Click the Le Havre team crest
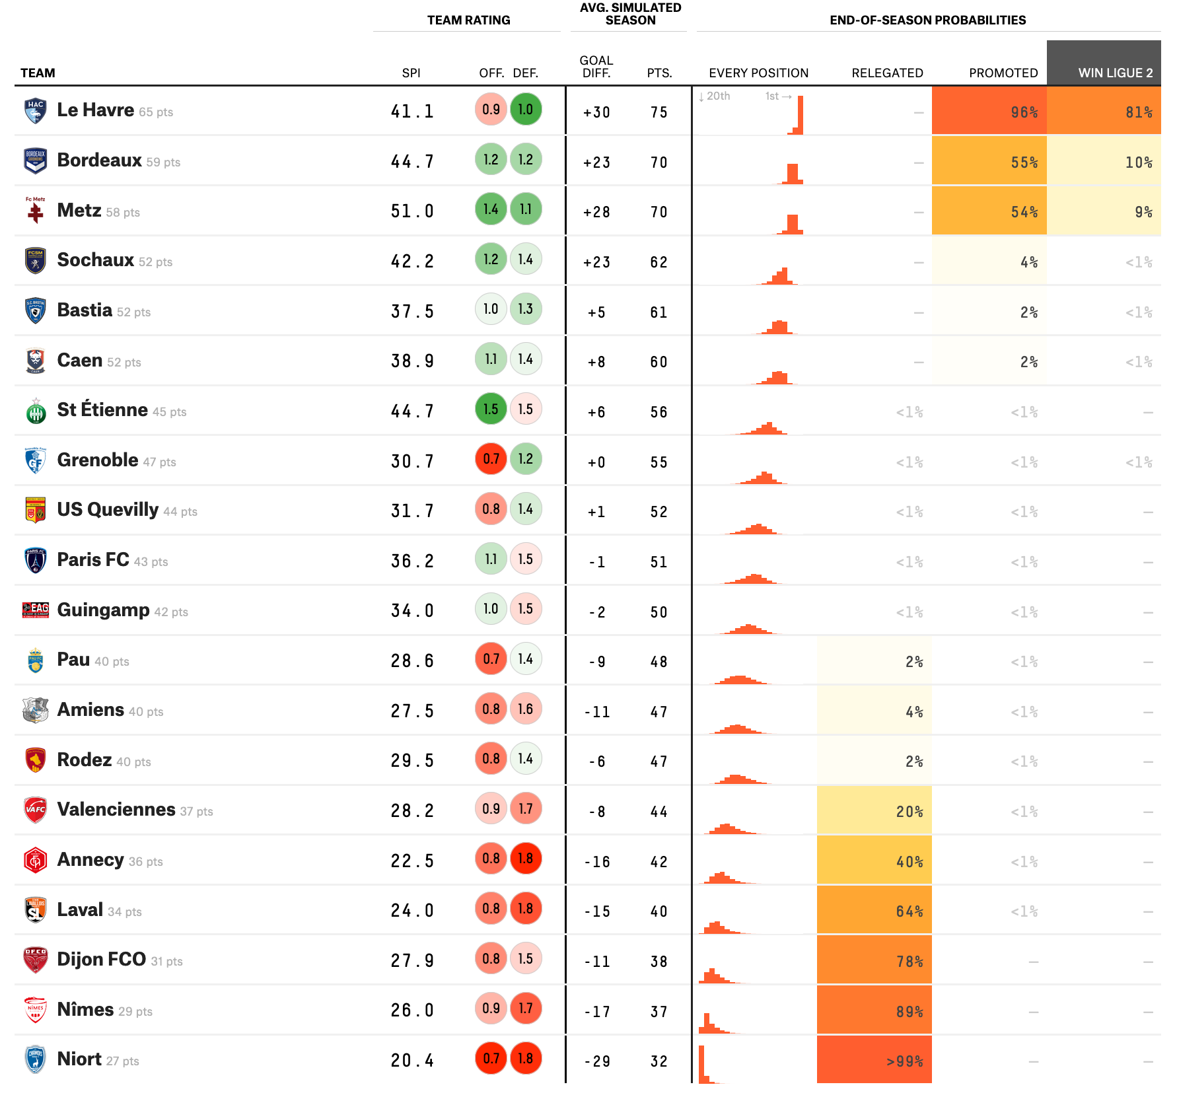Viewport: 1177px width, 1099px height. [36, 111]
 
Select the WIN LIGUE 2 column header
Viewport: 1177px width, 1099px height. [1116, 73]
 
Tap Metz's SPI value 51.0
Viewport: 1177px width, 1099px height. [412, 211]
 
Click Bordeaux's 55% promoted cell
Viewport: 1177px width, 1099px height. [989, 161]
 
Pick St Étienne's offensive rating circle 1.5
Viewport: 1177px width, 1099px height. [491, 409]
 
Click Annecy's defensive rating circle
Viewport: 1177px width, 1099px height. [526, 859]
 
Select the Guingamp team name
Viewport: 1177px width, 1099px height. [104, 610]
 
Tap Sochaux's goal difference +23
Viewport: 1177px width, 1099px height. [596, 262]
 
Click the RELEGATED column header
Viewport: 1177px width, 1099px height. [887, 73]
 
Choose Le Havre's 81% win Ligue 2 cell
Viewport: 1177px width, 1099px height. [1104, 111]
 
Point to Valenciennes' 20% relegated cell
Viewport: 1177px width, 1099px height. [874, 810]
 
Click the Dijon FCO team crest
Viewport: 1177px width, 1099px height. [36, 960]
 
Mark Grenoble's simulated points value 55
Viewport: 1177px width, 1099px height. [659, 462]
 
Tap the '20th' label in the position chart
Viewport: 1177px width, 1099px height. [718, 96]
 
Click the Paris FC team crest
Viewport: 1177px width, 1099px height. [36, 560]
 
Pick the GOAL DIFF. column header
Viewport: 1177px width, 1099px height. [596, 66]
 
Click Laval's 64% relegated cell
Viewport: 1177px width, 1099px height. [874, 910]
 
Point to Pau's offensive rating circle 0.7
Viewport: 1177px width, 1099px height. [491, 658]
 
